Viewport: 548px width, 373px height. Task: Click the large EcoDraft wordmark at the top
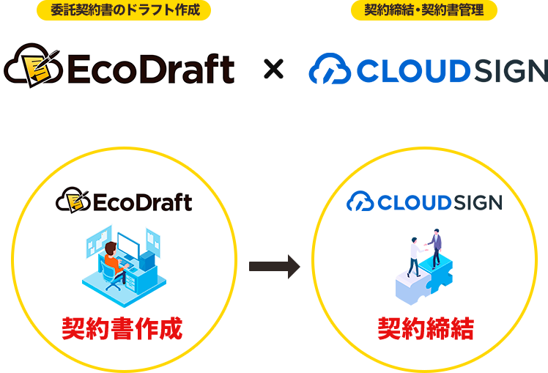[150, 69]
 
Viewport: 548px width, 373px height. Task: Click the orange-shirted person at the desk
[113, 260]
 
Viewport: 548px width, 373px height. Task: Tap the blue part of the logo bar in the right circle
[399, 201]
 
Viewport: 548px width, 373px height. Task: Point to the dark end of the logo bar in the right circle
[477, 201]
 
